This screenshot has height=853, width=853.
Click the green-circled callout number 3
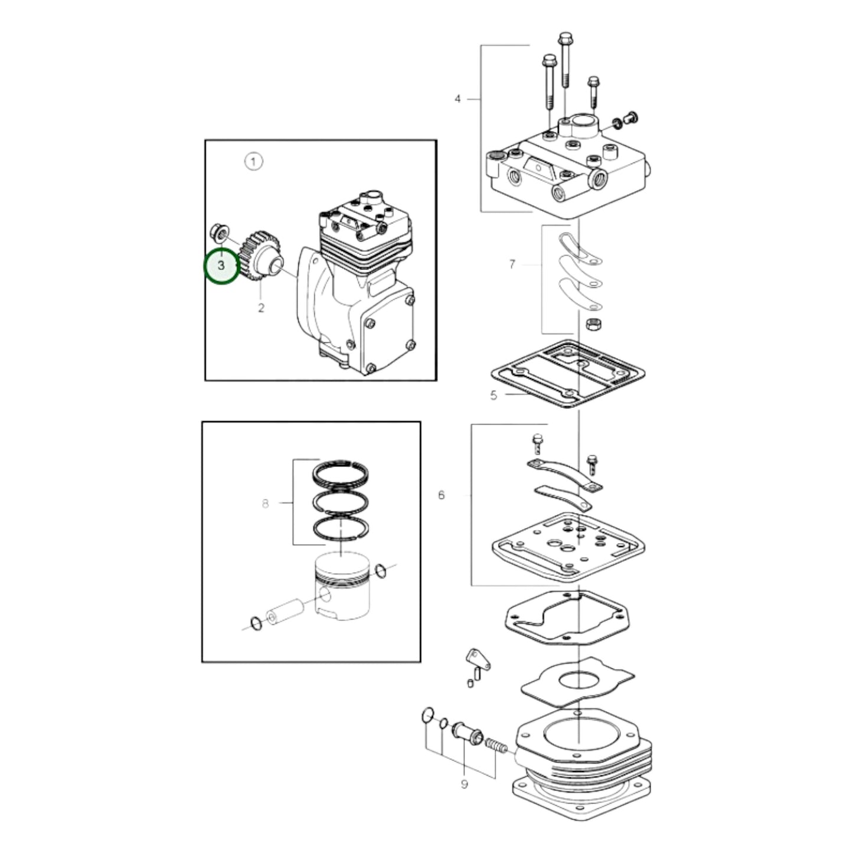[x=221, y=266]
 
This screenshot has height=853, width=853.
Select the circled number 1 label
[x=253, y=161]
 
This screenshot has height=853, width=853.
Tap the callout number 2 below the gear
[x=261, y=308]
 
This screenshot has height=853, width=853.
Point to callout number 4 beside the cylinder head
[x=457, y=99]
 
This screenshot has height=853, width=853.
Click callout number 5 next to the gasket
[x=494, y=396]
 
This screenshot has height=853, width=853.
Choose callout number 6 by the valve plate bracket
[x=441, y=495]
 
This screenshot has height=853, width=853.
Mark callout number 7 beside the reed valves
[x=512, y=264]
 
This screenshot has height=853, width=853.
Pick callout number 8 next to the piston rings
[x=265, y=504]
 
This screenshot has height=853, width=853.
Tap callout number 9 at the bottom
[x=465, y=784]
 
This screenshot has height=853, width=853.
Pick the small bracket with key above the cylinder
[x=478, y=660]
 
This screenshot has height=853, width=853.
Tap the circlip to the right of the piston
[x=381, y=570]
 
